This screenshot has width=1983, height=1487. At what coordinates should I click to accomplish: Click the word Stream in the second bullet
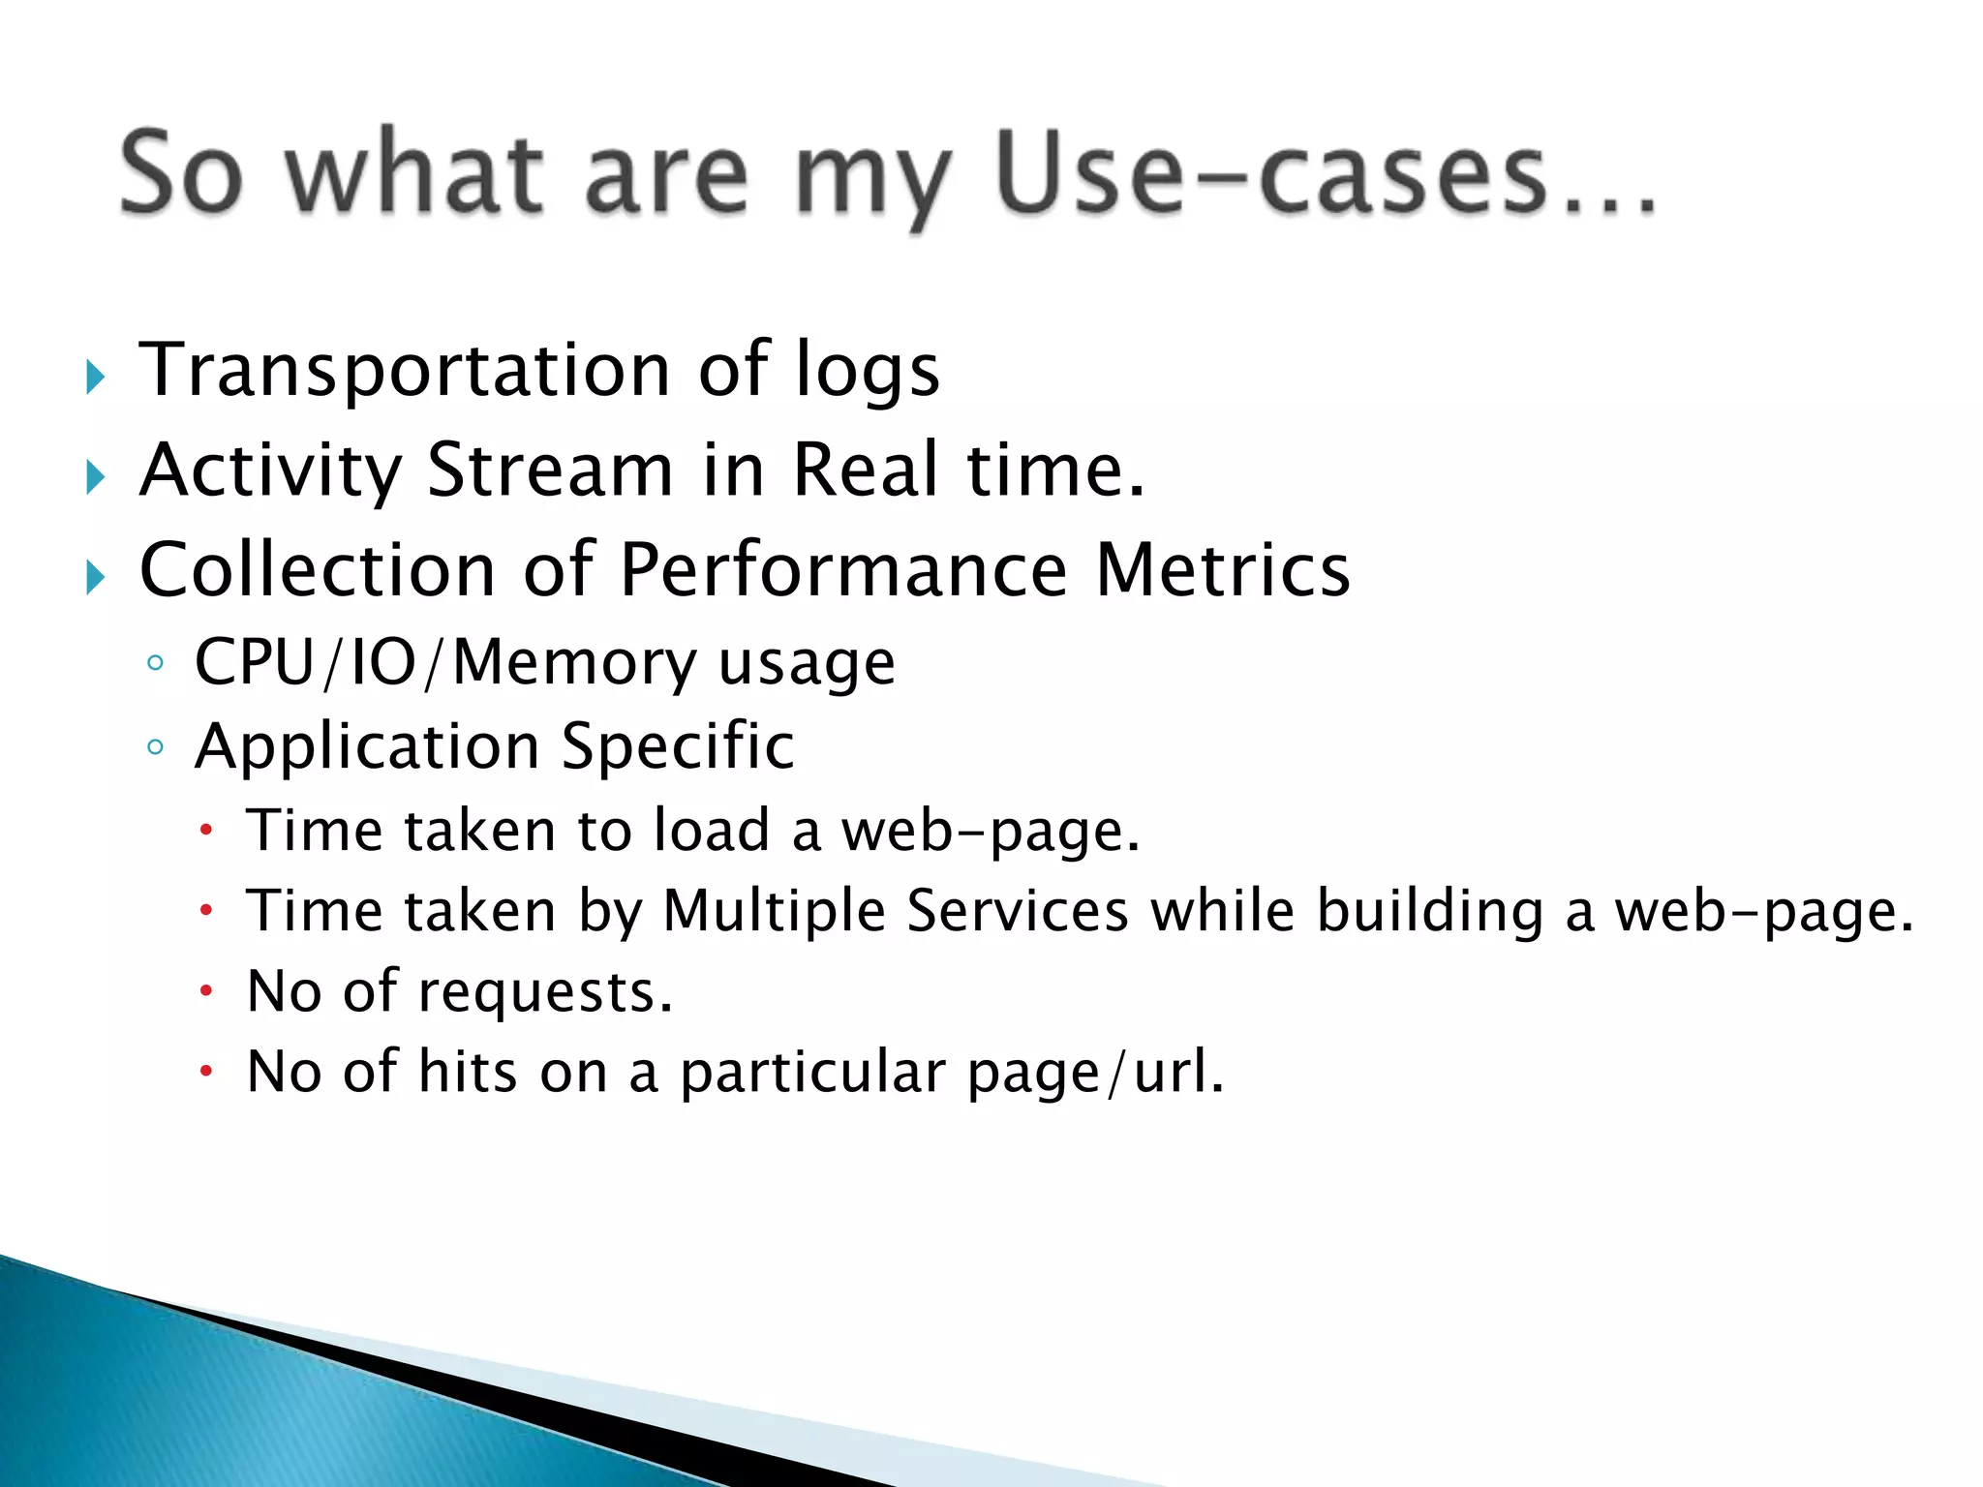pyautogui.click(x=550, y=470)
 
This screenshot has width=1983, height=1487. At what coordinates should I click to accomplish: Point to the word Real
pyautogui.click(x=866, y=470)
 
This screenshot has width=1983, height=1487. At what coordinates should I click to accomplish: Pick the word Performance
pyautogui.click(x=843, y=571)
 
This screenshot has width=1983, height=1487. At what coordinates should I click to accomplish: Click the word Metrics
pyautogui.click(x=1222, y=571)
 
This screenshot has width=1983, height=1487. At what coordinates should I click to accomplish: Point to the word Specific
pyautogui.click(x=678, y=748)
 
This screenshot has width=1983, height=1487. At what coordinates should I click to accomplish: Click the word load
pyautogui.click(x=711, y=831)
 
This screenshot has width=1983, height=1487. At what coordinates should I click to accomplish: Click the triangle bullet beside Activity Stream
pyautogui.click(x=95, y=476)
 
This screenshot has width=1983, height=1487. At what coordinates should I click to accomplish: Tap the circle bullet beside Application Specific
pyautogui.click(x=155, y=746)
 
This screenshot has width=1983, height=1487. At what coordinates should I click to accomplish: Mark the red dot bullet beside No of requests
pyautogui.click(x=205, y=990)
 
